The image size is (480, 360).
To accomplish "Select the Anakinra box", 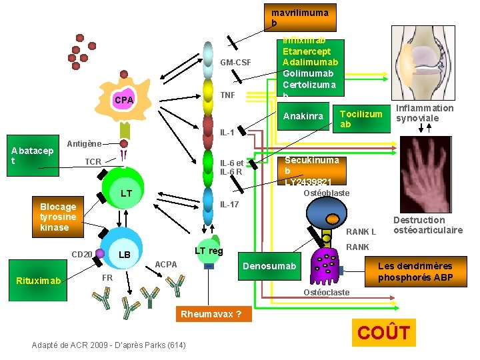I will coord(303,117).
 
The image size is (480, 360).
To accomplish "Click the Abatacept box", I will coord(32,156).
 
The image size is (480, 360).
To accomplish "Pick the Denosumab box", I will coord(269,266).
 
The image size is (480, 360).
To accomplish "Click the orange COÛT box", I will coord(383,333).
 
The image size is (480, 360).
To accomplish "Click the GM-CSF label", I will coord(235,63).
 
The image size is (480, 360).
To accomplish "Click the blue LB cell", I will coord(124,254).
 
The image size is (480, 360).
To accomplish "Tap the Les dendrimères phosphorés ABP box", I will coord(415,272).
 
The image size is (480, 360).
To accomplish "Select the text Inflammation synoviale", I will coord(424,113).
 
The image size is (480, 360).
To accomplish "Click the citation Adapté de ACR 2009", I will coord(109,345).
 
